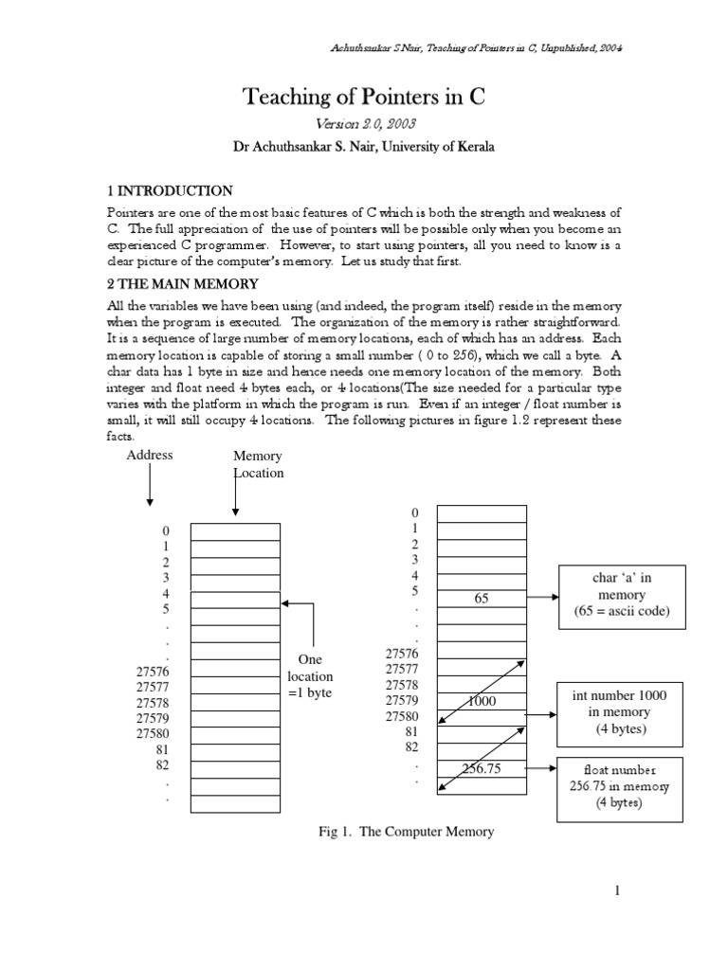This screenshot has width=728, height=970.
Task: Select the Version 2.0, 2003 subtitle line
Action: [364, 124]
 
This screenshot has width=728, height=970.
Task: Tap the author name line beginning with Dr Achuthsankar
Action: [364, 147]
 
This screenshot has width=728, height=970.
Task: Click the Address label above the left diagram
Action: [150, 455]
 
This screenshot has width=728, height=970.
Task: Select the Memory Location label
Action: [258, 464]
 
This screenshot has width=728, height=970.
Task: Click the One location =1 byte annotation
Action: [310, 676]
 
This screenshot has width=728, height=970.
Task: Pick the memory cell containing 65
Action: [482, 599]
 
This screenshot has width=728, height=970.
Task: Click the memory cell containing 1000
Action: [482, 700]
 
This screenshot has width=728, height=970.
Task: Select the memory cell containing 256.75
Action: [482, 768]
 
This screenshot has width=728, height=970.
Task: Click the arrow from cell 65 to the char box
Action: [542, 599]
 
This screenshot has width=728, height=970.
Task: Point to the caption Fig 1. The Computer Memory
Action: [406, 832]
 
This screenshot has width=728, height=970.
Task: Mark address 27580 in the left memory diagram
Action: [153, 732]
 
